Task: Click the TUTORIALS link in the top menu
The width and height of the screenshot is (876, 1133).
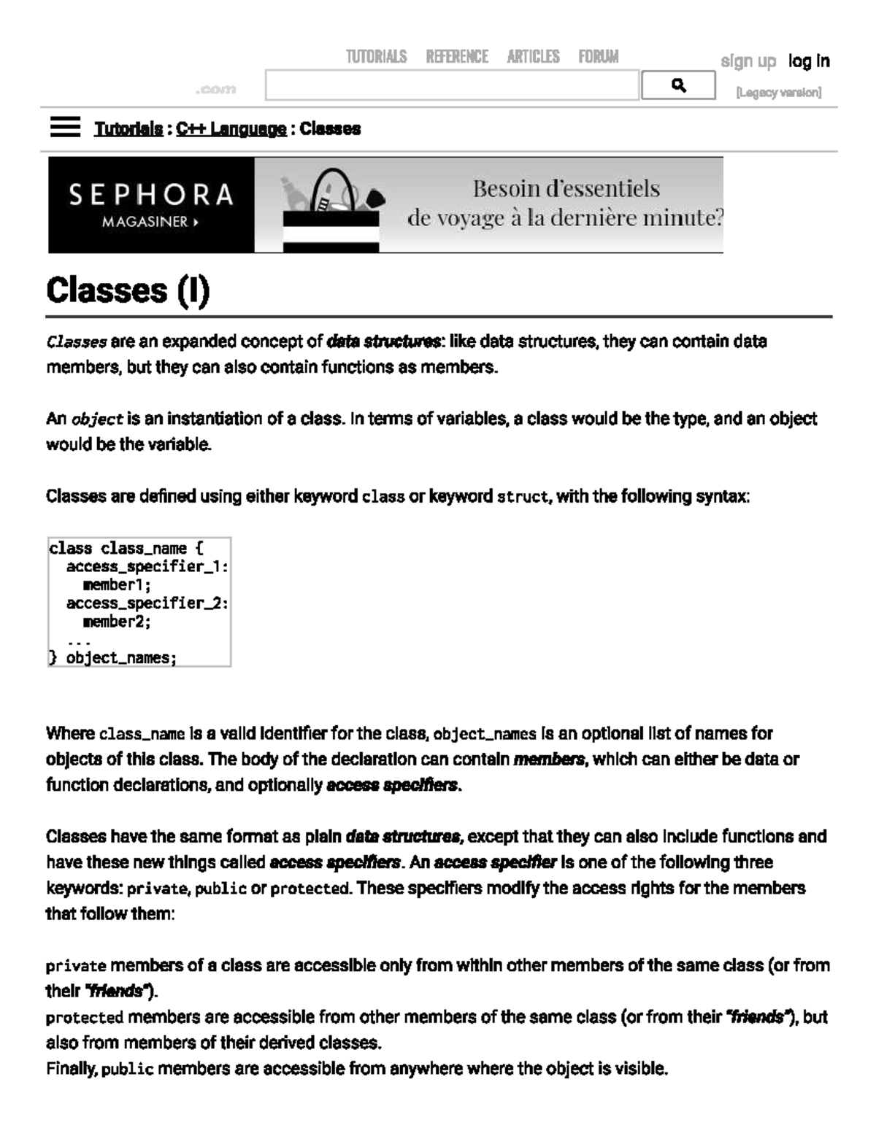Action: (376, 57)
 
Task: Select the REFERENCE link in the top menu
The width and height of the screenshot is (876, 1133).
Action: (457, 57)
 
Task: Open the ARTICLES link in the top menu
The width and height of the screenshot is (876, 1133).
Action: (533, 57)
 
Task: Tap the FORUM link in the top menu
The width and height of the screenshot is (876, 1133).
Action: (598, 57)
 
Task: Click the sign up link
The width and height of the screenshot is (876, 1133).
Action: (748, 61)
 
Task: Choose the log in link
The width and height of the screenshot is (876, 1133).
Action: (808, 61)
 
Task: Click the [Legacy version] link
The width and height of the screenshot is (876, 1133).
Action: (778, 93)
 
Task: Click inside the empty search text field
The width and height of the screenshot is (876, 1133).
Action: (451, 85)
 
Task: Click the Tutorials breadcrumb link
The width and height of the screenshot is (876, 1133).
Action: (128, 129)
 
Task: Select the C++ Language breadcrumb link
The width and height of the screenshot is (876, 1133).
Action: (231, 129)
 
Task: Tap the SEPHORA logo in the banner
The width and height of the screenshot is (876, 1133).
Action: (151, 195)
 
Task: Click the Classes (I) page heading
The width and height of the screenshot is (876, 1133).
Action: (128, 290)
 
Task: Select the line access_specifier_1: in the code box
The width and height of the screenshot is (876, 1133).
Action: (147, 567)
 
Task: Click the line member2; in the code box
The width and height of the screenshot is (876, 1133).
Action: (117, 622)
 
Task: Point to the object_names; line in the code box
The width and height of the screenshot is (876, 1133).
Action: (121, 658)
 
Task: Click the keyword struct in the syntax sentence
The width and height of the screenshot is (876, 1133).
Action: (522, 498)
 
